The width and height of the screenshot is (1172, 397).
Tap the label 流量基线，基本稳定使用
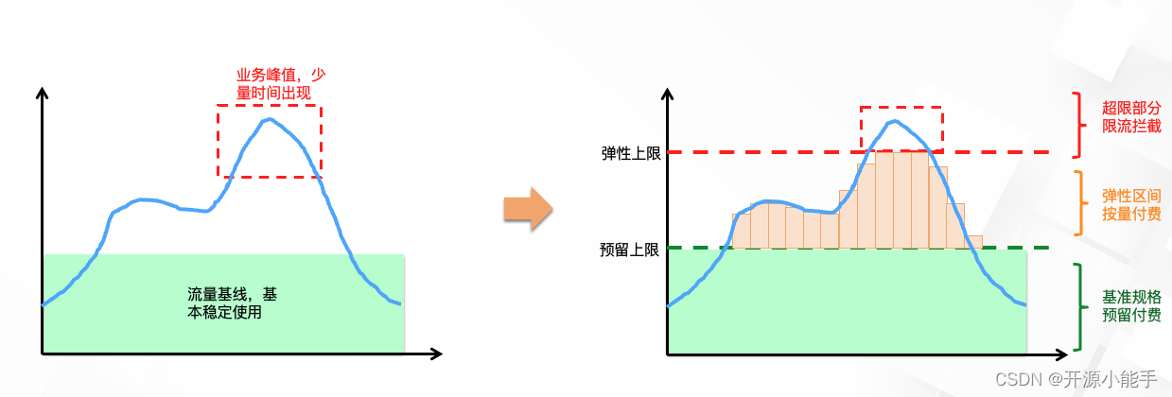[232, 302]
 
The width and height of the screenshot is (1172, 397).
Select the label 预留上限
[629, 249]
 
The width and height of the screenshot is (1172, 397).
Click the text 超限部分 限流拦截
[1131, 117]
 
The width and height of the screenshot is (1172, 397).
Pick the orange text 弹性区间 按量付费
[1131, 205]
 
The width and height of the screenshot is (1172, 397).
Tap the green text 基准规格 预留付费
[1131, 306]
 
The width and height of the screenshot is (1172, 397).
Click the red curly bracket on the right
[1078, 125]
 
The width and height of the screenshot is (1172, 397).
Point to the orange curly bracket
[1078, 202]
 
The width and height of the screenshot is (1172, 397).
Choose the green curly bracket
[1078, 307]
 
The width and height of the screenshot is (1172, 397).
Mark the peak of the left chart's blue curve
[270, 119]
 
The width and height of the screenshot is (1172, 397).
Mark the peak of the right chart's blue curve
[892, 121]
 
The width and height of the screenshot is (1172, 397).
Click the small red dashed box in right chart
[901, 128]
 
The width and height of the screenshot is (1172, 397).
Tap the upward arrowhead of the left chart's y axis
[42, 93]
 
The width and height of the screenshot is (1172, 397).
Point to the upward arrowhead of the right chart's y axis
[668, 94]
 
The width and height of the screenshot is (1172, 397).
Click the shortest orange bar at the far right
[973, 242]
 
